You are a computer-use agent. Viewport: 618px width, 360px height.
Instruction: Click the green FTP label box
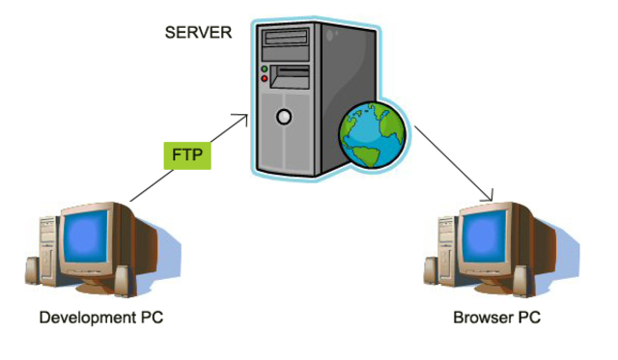189,153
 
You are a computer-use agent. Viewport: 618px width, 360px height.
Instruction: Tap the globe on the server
373,135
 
